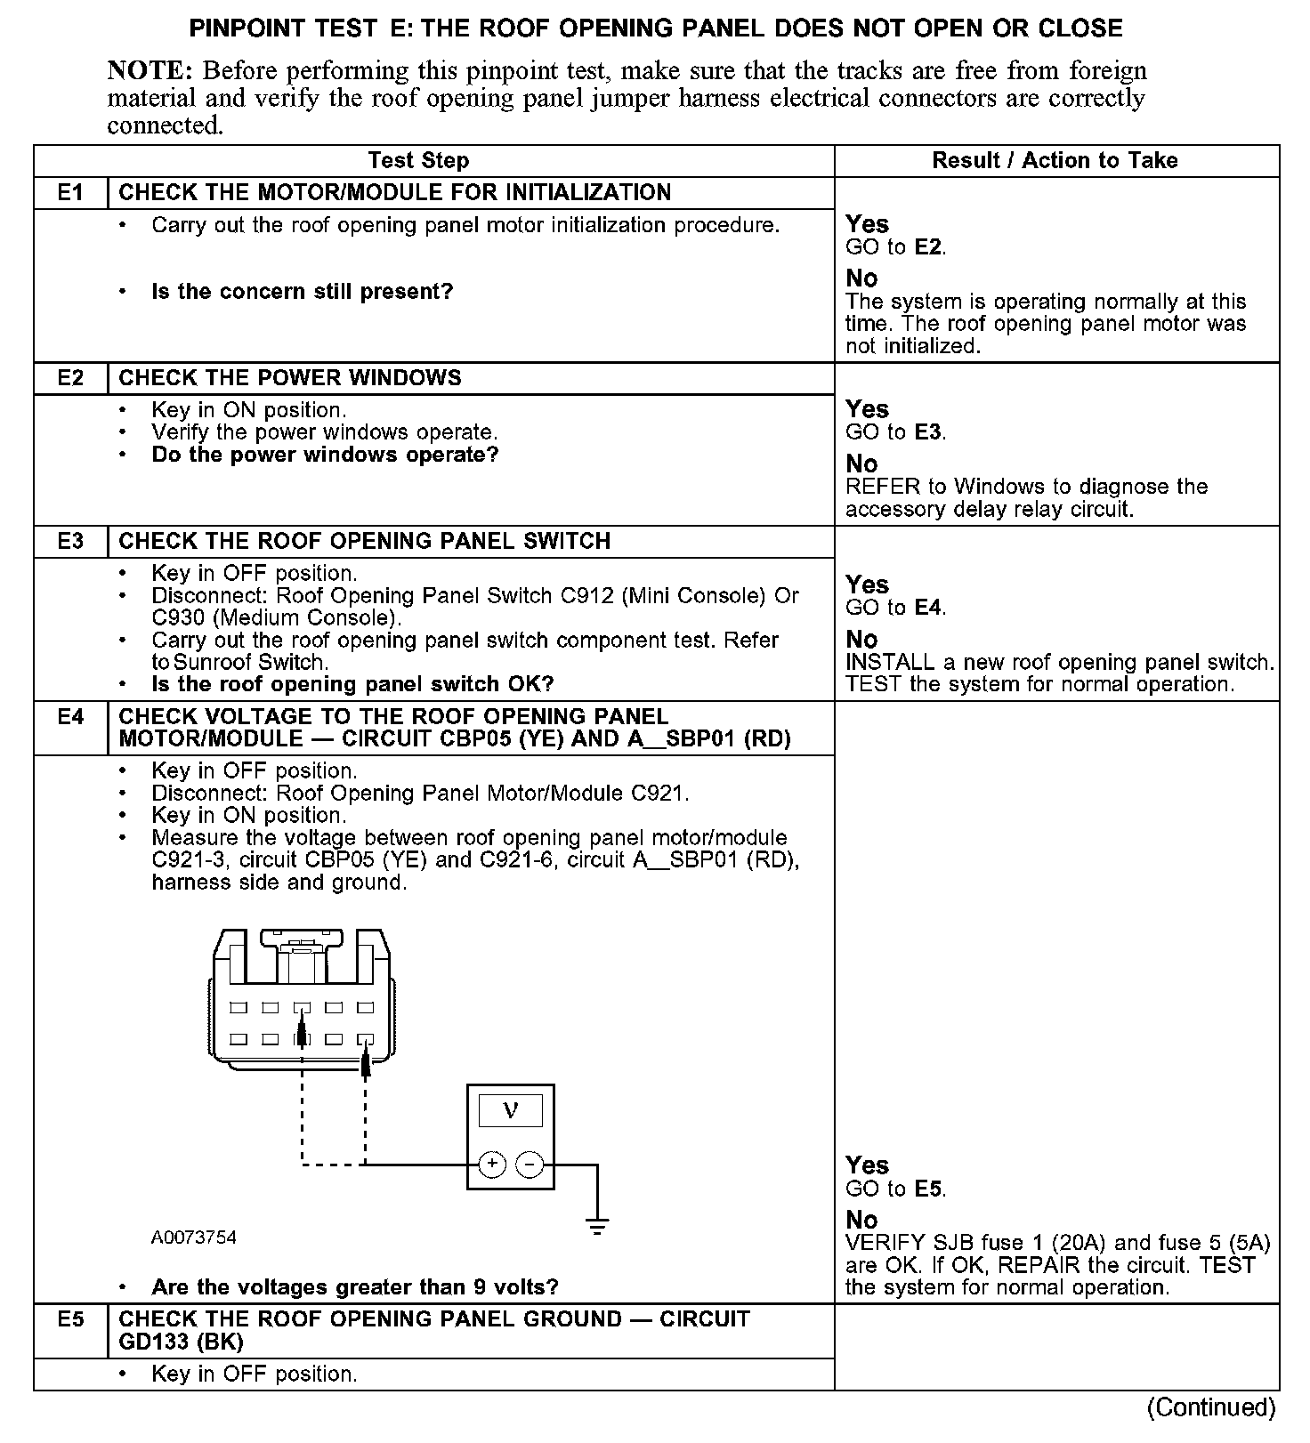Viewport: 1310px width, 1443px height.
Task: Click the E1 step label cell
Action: point(70,193)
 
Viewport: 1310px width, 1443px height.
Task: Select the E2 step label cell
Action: point(70,378)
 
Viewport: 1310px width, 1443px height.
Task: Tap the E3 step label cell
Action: point(70,542)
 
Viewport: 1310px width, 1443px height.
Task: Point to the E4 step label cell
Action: point(70,717)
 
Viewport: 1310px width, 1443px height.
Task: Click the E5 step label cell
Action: point(70,1319)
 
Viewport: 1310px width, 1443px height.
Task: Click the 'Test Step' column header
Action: point(418,161)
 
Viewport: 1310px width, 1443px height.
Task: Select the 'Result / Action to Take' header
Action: point(1055,161)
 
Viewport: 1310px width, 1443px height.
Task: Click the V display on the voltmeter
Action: point(510,1111)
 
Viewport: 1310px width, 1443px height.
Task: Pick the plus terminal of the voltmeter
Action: point(492,1164)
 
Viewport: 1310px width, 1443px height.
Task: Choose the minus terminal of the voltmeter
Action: point(530,1164)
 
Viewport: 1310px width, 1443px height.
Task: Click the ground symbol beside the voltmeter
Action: point(597,1225)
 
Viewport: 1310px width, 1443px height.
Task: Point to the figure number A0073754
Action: point(193,1237)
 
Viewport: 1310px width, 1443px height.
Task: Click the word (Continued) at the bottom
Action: point(1211,1407)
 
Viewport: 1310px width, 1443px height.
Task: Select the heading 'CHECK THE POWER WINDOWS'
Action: point(290,378)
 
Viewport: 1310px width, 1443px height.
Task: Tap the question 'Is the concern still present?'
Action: point(303,292)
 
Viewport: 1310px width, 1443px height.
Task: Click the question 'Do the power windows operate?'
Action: point(325,455)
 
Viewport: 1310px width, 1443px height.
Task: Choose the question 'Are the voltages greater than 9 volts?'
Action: point(355,1287)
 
